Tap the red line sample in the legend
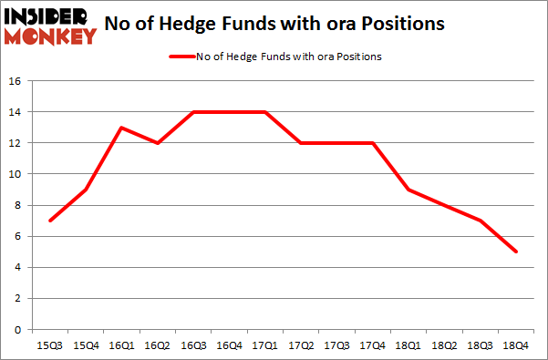pos(181,57)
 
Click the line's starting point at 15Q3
pos(49,221)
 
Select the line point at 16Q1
pos(120,128)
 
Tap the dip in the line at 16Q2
pos(157,143)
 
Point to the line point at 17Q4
pos(372,143)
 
